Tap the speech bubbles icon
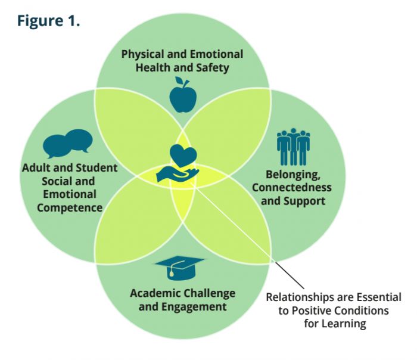pyautogui.click(x=68, y=143)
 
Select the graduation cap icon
pyautogui.click(x=179, y=268)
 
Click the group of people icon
pyautogui.click(x=293, y=147)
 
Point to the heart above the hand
pyautogui.click(x=183, y=156)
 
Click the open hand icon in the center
pyautogui.click(x=178, y=175)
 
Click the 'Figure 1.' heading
pyautogui.click(x=48, y=20)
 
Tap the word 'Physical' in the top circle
pyautogui.click(x=143, y=55)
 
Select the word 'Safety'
pyautogui.click(x=213, y=68)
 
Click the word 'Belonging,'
pyautogui.click(x=293, y=175)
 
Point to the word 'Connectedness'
pyautogui.click(x=292, y=188)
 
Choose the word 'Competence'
pyautogui.click(x=70, y=208)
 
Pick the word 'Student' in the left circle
pyautogui.click(x=97, y=168)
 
